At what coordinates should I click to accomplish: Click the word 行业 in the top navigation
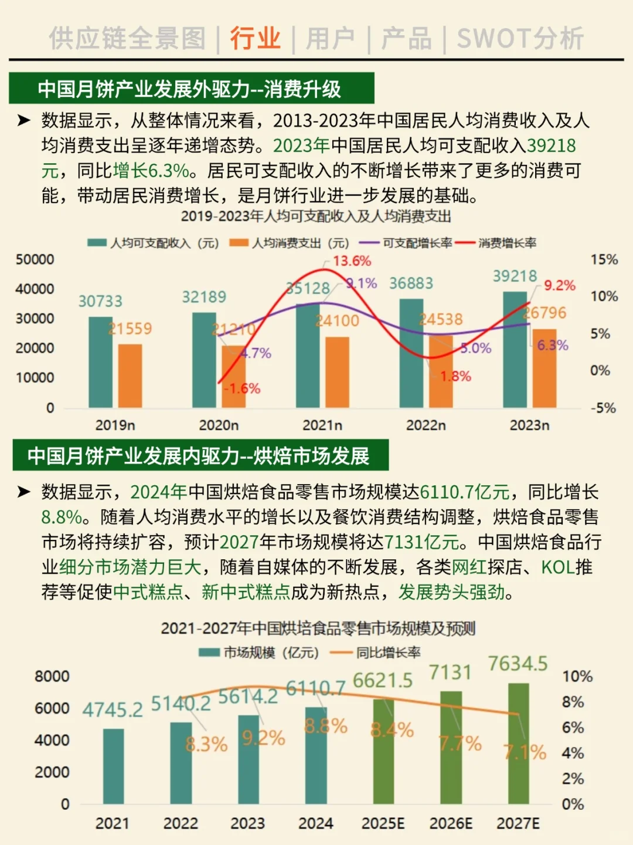(x=255, y=39)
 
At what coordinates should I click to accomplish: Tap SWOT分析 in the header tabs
(x=520, y=39)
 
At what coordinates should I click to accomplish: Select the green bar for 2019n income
(x=100, y=362)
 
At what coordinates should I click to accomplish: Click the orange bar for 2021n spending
(x=337, y=372)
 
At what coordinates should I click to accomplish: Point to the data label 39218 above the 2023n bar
(x=515, y=276)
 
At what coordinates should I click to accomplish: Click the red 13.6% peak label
(x=352, y=261)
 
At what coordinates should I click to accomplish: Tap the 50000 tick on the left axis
(x=35, y=259)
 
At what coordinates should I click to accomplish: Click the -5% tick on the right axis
(x=603, y=408)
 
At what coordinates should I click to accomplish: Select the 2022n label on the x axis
(x=426, y=425)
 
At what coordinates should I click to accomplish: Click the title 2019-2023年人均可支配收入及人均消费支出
(x=316, y=217)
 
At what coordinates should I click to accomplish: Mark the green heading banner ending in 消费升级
(x=191, y=89)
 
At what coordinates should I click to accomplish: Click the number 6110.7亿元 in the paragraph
(x=465, y=492)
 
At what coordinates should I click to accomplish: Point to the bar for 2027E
(x=518, y=743)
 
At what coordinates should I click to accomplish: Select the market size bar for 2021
(x=113, y=766)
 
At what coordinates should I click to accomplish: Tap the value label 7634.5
(x=518, y=664)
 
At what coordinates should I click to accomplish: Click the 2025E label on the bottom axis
(x=383, y=823)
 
